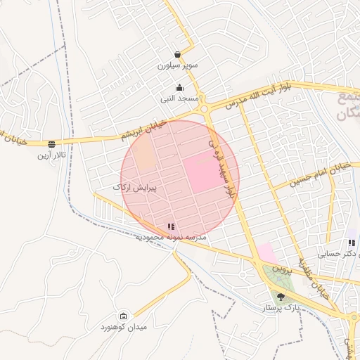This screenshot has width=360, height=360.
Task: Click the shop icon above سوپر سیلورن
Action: [178, 54]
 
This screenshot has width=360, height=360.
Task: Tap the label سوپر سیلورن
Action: [178, 65]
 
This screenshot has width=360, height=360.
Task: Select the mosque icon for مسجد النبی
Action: [180, 88]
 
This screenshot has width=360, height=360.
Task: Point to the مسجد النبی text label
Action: [180, 98]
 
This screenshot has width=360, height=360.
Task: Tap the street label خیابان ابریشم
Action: [146, 129]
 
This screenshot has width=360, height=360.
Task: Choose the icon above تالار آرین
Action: [51, 143]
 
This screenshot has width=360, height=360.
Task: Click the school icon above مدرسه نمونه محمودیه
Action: [171, 226]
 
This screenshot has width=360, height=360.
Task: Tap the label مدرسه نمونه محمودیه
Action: [171, 238]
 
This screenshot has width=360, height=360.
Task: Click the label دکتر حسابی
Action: [337, 254]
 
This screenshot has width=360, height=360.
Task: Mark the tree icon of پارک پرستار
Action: [281, 297]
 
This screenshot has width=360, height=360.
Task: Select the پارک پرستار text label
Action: [281, 308]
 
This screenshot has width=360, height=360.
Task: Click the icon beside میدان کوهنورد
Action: [124, 316]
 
